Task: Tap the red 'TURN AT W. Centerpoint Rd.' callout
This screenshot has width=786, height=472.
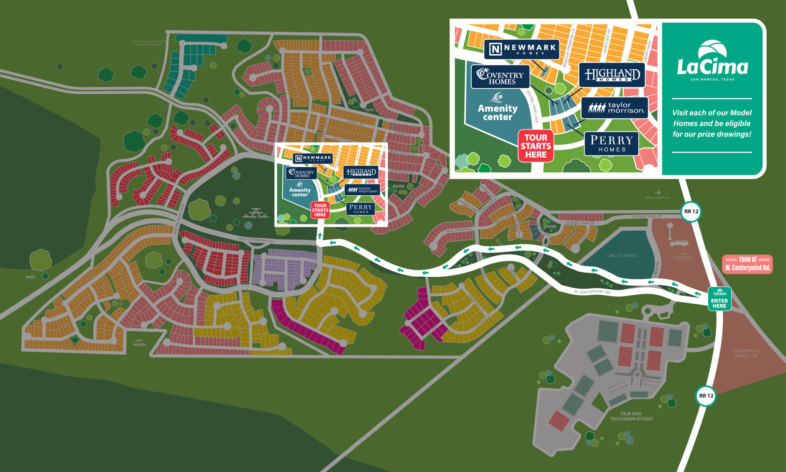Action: [x=747, y=264]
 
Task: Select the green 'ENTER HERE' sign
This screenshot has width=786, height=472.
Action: [x=719, y=299]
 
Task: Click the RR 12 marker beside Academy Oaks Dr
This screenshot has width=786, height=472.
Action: [x=691, y=211]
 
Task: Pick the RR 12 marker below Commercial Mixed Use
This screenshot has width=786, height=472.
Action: [x=706, y=396]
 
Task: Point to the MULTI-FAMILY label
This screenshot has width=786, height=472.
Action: [x=624, y=255]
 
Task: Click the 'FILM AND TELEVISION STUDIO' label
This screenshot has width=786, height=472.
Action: [x=631, y=416]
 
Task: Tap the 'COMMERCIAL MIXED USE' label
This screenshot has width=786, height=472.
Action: [x=746, y=353]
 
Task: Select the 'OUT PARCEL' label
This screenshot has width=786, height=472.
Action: [x=139, y=342]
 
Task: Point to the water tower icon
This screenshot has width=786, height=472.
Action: [x=670, y=229]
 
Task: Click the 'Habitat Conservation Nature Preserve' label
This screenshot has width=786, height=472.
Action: [x=149, y=43]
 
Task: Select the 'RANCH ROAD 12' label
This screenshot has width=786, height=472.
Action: [x=657, y=198]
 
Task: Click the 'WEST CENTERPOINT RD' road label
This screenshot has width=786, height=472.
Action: [x=256, y=240]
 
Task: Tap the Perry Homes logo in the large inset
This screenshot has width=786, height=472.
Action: [x=611, y=144]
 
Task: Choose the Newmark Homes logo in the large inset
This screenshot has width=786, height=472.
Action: [x=521, y=49]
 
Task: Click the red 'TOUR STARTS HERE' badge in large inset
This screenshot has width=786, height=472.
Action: [x=536, y=146]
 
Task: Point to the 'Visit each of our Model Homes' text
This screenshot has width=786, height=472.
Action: [x=712, y=123]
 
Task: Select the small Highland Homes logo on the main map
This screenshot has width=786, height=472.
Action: [x=361, y=172]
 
